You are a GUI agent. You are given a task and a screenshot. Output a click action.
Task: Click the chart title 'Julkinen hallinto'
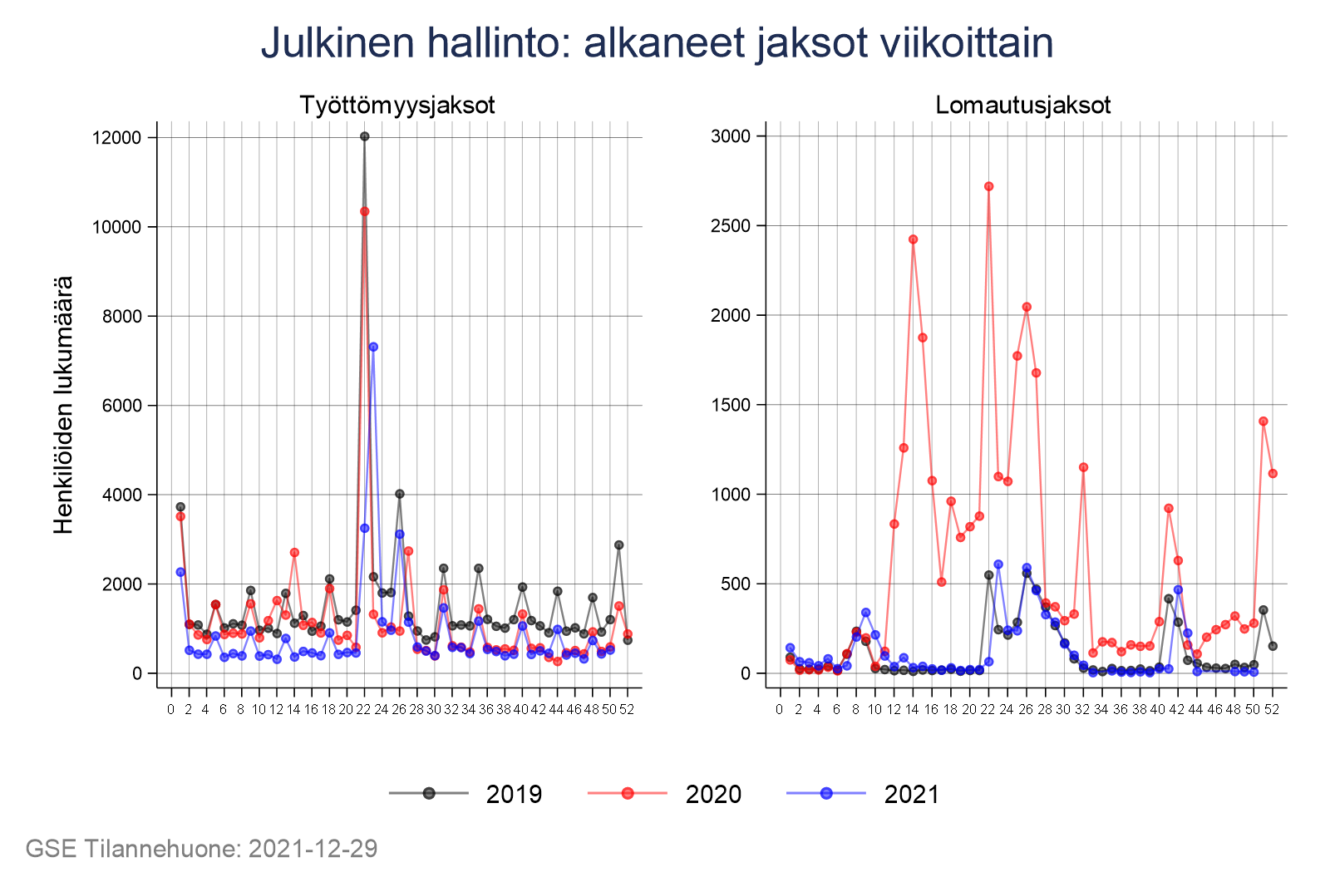[657, 43]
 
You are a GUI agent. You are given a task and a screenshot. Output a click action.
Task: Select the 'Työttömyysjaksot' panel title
[397, 106]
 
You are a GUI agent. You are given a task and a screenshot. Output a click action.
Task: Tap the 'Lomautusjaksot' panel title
[1022, 106]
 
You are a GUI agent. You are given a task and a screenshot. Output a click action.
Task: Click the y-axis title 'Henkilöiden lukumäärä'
[64, 405]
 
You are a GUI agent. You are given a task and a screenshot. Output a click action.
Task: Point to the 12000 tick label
[116, 138]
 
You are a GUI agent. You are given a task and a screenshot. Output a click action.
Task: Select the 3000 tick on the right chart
[731, 136]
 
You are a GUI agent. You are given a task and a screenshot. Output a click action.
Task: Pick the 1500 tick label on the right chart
[731, 405]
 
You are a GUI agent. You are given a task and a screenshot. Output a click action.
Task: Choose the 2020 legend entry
[664, 794]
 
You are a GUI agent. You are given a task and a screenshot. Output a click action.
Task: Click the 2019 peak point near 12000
[364, 136]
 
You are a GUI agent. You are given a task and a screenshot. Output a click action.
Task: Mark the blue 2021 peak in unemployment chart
[373, 347]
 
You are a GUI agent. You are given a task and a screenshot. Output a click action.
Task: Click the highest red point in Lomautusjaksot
[988, 186]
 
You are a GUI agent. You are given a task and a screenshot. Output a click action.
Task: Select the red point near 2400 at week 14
[913, 239]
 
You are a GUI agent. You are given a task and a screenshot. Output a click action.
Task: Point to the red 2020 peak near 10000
[364, 211]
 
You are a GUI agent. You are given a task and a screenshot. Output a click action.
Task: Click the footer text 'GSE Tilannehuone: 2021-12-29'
[201, 849]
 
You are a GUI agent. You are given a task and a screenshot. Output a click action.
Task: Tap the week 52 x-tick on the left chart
[627, 709]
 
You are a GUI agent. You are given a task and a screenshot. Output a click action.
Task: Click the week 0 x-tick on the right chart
[779, 709]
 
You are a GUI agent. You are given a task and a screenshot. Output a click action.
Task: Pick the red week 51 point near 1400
[1263, 421]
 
